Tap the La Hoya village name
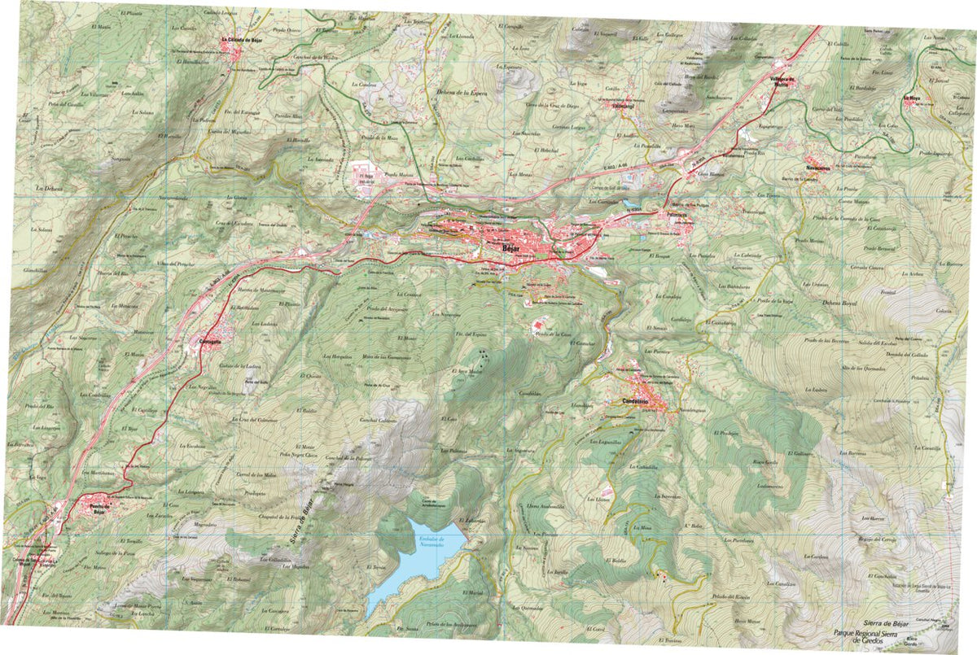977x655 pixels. click(910, 99)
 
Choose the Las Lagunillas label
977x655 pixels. click(605, 442)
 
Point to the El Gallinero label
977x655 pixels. click(801, 453)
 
